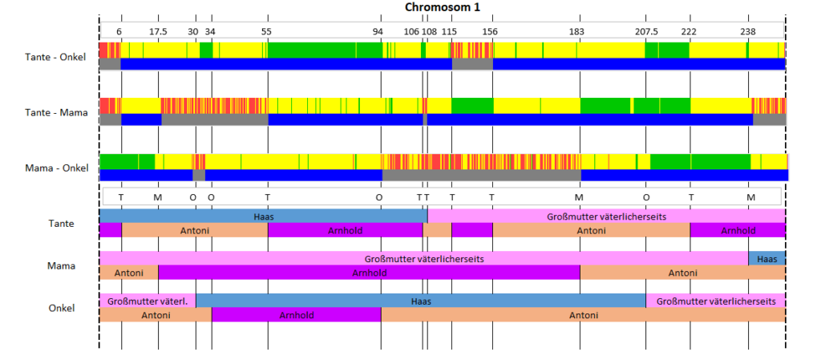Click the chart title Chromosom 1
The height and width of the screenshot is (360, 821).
point(443,7)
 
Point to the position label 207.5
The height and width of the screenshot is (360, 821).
point(647,31)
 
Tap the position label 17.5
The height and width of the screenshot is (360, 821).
point(158,31)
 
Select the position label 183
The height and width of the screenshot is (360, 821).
point(576,31)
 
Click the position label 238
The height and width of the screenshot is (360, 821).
point(748,31)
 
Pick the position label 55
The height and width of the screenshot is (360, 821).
point(266,31)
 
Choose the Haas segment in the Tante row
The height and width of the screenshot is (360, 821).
point(263,216)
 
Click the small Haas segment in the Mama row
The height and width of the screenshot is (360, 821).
point(767,258)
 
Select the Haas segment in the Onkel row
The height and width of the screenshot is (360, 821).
point(421,301)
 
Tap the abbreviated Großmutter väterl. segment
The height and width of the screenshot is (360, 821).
point(148,301)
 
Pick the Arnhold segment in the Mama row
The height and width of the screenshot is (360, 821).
point(369,273)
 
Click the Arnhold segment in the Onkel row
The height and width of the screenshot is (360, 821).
point(297,315)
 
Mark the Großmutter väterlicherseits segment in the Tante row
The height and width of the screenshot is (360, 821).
point(606,216)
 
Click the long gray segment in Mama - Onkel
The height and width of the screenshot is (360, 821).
point(482,176)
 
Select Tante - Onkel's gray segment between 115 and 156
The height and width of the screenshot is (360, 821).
point(472,64)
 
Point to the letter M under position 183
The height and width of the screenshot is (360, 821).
point(579,197)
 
